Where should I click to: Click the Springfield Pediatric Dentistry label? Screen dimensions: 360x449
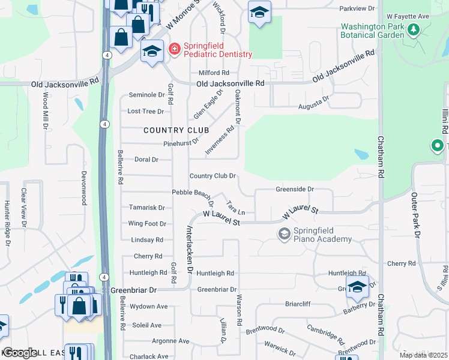217,49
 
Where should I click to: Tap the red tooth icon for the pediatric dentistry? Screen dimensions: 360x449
174,48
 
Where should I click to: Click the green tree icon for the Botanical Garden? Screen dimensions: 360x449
413,29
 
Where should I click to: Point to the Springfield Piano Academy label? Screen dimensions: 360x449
322,235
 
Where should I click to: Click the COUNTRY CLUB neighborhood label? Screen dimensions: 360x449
176,130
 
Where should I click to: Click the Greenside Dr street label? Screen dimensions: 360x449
295,189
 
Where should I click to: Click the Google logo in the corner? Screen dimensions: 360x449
20,353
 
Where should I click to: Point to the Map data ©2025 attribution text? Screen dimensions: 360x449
423,355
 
